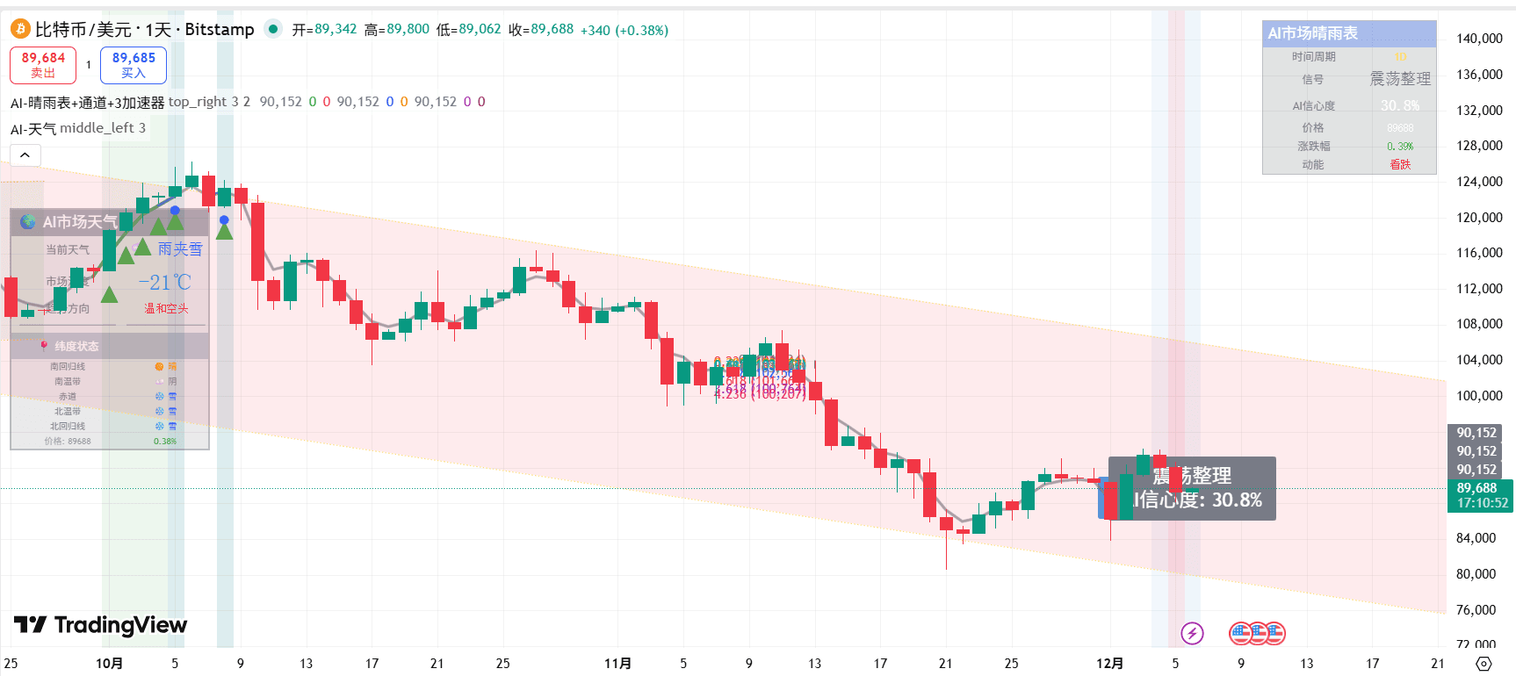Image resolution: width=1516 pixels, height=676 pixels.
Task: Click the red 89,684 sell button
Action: click(43, 65)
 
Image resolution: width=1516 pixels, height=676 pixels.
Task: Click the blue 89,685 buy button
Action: click(134, 65)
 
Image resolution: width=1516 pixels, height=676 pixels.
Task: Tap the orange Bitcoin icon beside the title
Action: click(20, 30)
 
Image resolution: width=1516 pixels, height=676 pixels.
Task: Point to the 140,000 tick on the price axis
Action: click(1479, 39)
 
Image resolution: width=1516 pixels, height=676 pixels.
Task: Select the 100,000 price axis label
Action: click(1479, 396)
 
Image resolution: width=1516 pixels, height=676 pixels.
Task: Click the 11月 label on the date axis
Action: click(617, 664)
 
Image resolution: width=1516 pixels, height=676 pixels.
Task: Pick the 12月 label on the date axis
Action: click(1109, 664)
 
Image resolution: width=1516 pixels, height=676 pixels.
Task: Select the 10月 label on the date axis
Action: click(109, 664)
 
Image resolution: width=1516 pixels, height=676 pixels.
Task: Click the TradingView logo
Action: click(101, 625)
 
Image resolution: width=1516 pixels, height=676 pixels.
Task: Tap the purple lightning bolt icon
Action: click(1192, 633)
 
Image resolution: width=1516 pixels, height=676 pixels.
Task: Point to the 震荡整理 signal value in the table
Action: click(1400, 79)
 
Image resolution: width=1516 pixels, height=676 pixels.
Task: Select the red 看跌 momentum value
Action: click(1400, 165)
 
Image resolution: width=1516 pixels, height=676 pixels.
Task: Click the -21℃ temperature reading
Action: click(165, 283)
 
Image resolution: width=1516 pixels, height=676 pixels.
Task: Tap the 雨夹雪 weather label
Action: click(180, 249)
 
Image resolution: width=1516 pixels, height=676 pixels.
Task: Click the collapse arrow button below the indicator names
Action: click(25, 155)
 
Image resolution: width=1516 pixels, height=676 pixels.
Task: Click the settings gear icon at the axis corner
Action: click(1484, 664)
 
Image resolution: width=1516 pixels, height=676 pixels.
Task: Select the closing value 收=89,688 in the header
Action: click(541, 30)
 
